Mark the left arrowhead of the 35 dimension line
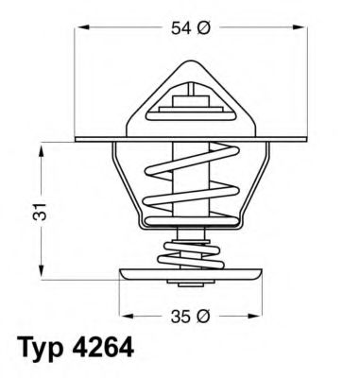pos(124,315)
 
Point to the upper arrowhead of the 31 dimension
pos(40,146)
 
